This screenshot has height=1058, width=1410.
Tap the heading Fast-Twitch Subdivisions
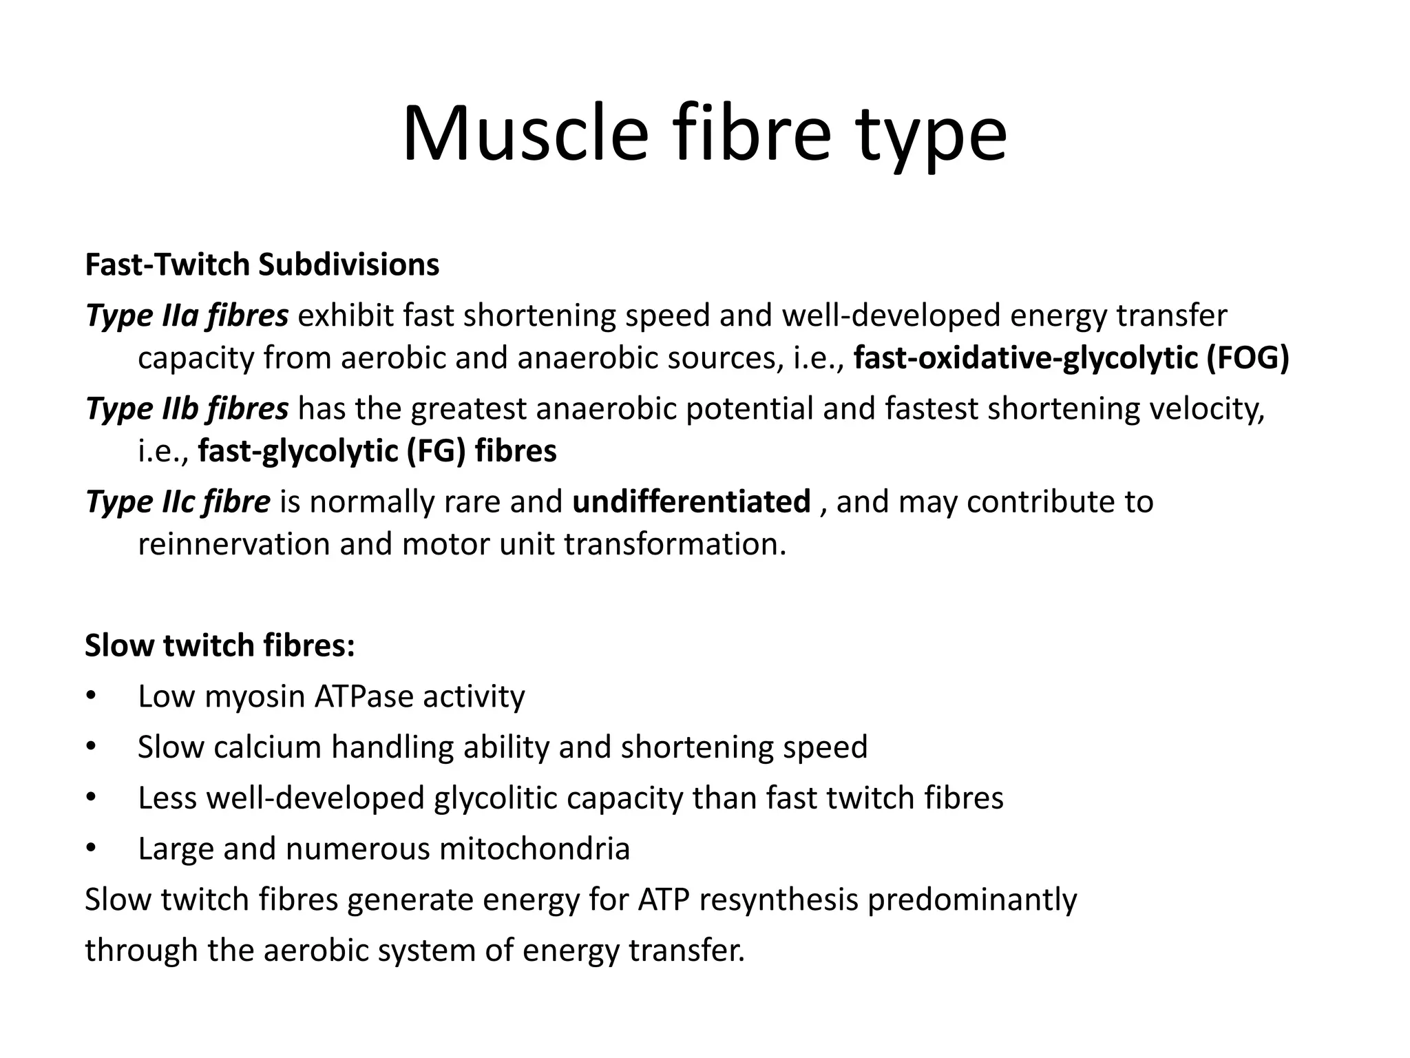(x=262, y=265)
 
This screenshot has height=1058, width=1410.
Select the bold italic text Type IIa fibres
(x=187, y=316)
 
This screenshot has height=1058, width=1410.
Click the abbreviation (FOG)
(x=1248, y=359)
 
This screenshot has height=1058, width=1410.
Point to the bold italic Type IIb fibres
(x=187, y=409)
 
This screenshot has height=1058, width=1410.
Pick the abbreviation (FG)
(x=436, y=452)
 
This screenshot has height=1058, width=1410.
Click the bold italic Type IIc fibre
(x=178, y=502)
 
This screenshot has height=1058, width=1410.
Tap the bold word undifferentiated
(x=691, y=502)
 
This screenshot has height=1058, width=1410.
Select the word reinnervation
(x=233, y=545)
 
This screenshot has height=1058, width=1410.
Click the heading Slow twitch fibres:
(x=220, y=645)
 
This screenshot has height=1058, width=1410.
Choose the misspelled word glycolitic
(x=495, y=798)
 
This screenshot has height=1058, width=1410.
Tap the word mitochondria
(x=534, y=849)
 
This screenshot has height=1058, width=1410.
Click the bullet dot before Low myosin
(x=90, y=696)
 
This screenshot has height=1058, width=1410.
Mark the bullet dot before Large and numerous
(x=90, y=849)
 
